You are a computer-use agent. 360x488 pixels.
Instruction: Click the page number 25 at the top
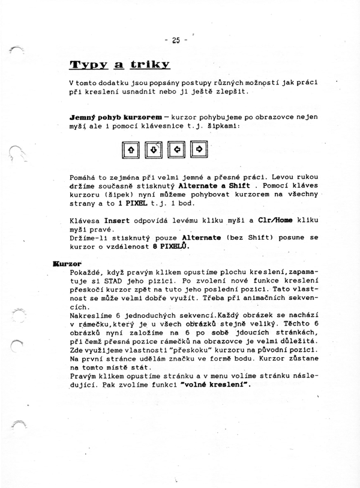point(175,41)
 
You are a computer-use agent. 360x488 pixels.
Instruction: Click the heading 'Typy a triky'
point(120,64)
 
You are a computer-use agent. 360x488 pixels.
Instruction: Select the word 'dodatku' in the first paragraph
point(121,82)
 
